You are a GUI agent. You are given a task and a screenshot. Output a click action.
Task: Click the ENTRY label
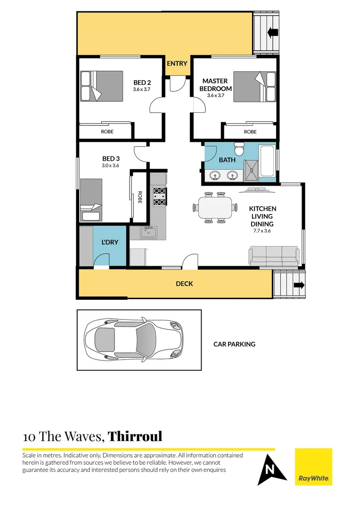click(177, 64)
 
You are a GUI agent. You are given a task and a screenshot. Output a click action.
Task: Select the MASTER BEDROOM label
click(215, 85)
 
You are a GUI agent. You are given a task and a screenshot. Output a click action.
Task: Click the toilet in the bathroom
click(240, 150)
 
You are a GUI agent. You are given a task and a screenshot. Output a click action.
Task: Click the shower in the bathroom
click(251, 170)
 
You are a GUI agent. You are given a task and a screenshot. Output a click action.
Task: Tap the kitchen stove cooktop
click(159, 196)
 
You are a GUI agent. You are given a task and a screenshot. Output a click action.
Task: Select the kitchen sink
click(149, 232)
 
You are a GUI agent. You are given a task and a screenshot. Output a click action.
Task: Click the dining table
click(215, 207)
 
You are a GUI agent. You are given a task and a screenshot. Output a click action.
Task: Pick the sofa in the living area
click(274, 256)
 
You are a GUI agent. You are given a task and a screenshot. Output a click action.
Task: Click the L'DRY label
click(110, 242)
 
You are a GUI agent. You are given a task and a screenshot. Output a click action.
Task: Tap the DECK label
click(184, 284)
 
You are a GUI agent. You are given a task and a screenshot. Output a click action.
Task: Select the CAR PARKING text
click(234, 344)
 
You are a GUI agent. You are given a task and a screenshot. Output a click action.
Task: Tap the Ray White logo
click(313, 467)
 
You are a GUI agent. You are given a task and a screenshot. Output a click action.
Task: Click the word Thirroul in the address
click(135, 436)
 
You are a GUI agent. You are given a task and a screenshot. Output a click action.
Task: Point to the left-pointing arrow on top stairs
click(272, 33)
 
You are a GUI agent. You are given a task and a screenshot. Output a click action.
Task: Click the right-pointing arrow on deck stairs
click(299, 285)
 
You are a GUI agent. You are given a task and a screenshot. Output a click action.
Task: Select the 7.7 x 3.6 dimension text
click(262, 231)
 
